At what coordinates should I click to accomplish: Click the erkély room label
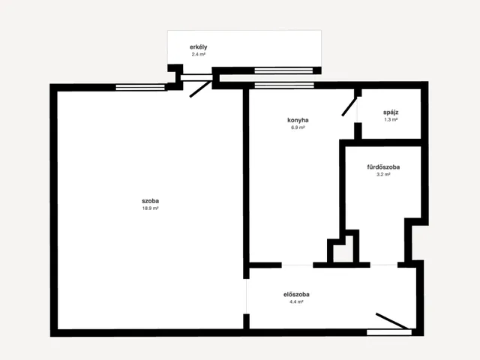point(198,47)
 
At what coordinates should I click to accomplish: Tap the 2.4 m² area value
point(198,55)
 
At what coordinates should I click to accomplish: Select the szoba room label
point(150,201)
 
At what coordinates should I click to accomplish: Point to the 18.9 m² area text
point(150,208)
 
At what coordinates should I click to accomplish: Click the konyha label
point(298,120)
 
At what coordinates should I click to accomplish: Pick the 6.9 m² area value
point(298,127)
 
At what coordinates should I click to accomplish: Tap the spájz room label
point(391,112)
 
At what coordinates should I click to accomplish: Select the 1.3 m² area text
point(391,120)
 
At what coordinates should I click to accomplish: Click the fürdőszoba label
point(383,167)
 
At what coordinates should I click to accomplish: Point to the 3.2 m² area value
point(383,175)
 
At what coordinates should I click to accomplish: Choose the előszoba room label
point(296,295)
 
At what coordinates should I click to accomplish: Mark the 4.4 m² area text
point(296,301)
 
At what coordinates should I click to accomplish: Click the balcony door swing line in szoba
point(201,89)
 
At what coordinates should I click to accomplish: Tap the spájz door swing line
point(349,106)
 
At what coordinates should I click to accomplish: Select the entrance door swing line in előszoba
point(393,321)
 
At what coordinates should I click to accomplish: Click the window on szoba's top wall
point(140,87)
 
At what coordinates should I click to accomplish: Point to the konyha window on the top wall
point(284,85)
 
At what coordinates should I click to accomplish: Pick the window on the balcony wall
point(283,70)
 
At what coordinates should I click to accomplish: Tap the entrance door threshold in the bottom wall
point(389,332)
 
